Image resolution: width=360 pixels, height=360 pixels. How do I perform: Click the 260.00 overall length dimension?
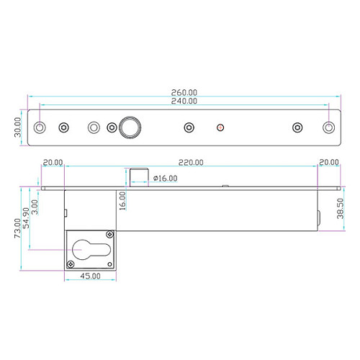(x=185, y=92)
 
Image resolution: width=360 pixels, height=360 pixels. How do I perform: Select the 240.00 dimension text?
(x=185, y=102)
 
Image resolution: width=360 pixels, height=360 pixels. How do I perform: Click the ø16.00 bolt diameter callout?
(x=165, y=178)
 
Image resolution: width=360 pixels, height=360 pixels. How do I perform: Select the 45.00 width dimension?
(x=89, y=276)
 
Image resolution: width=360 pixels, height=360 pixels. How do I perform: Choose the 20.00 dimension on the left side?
(x=53, y=163)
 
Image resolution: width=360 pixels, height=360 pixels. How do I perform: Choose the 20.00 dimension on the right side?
(x=328, y=163)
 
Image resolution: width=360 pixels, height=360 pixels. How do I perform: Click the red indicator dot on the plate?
(x=220, y=127)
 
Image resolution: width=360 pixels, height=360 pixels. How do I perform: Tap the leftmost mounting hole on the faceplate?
(x=41, y=127)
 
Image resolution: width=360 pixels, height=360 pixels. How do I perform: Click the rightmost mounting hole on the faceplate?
(x=329, y=127)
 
